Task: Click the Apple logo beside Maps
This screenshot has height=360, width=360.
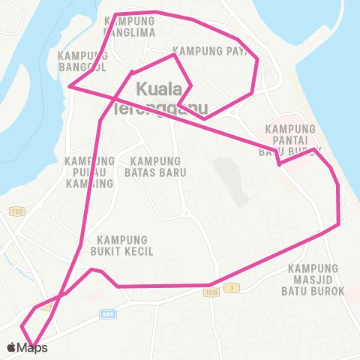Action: click(11, 347)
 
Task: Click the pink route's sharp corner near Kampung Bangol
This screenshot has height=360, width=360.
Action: click(69, 86)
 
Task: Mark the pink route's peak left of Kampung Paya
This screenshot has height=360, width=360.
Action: click(175, 54)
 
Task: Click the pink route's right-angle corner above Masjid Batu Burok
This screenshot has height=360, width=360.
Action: click(339, 223)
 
